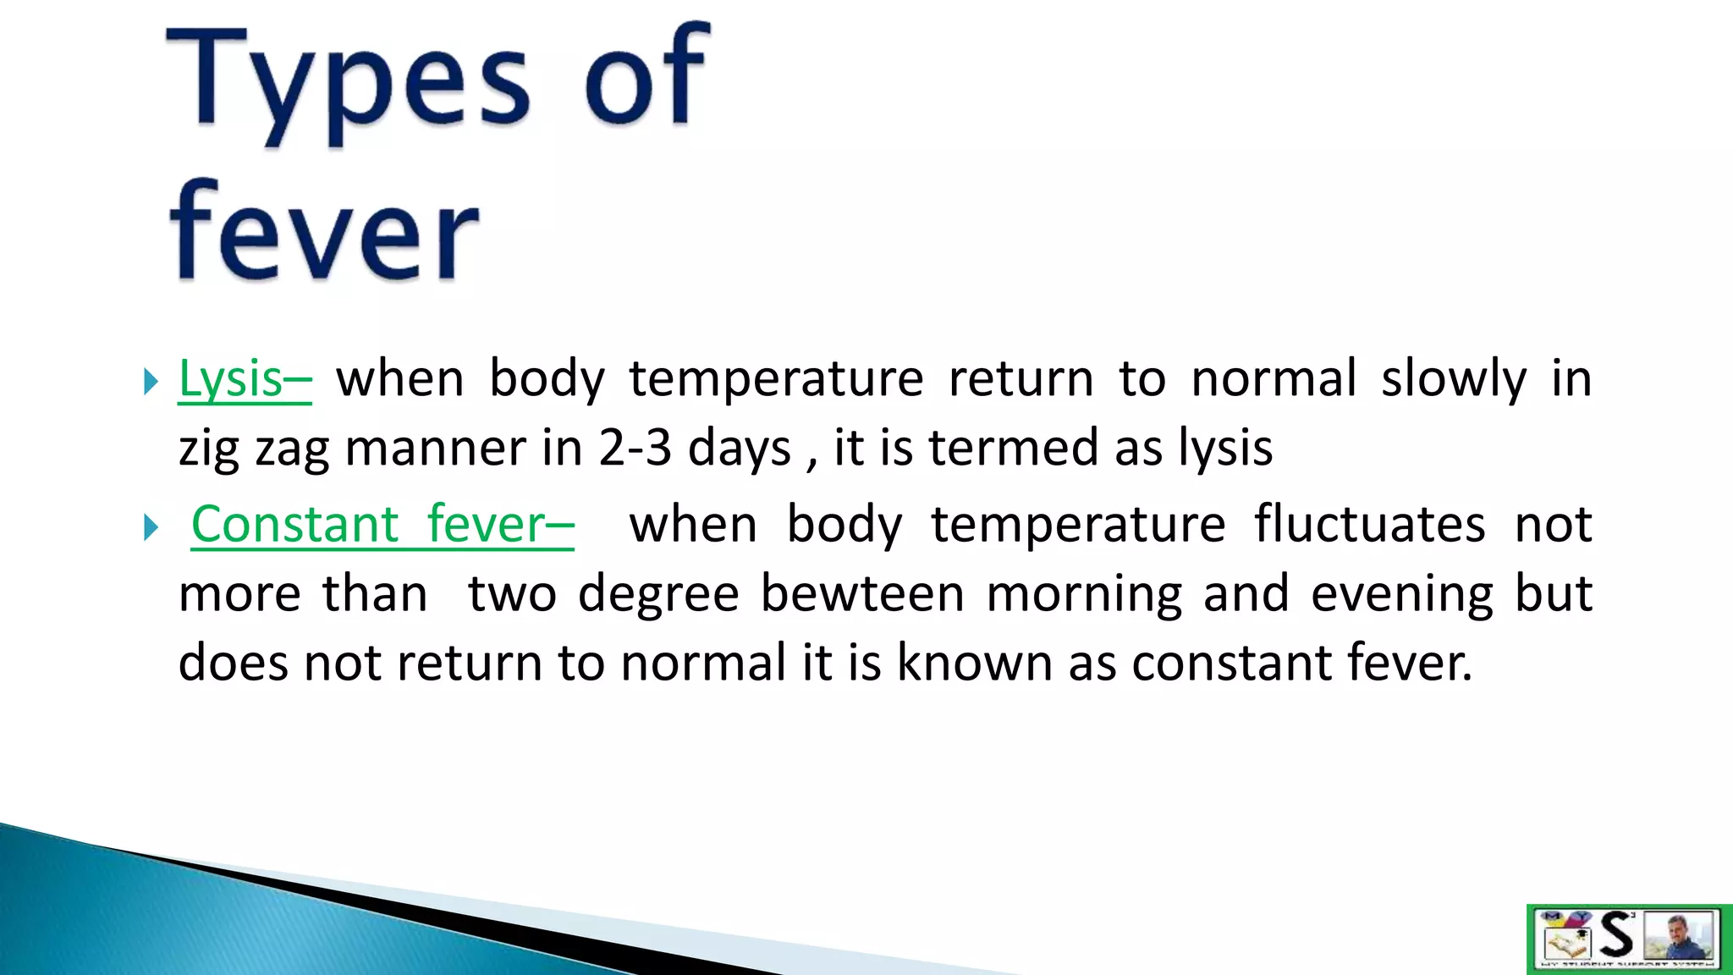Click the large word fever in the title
pyautogui.click(x=324, y=230)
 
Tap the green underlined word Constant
pyautogui.click(x=294, y=524)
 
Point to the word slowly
pyautogui.click(x=1454, y=378)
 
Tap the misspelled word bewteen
pyautogui.click(x=862, y=593)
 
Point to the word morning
pyautogui.click(x=1084, y=593)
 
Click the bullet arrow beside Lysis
pyautogui.click(x=151, y=381)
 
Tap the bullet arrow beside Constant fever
pyautogui.click(x=151, y=527)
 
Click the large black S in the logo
pyautogui.click(x=1617, y=935)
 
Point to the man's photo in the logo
pyautogui.click(x=1679, y=935)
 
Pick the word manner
pyautogui.click(x=435, y=449)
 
